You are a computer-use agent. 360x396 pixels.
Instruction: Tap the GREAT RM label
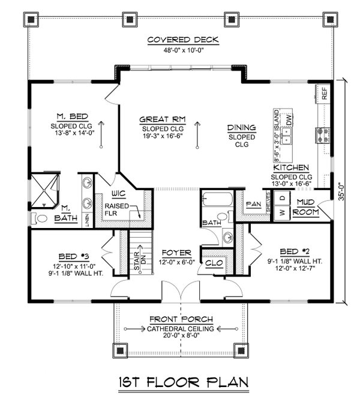point(163,119)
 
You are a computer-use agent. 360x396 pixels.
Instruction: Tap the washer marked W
point(281,212)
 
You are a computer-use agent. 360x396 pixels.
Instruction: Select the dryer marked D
point(281,197)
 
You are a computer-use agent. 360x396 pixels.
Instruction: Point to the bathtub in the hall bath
point(214,199)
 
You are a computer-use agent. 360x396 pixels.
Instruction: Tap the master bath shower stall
point(46,189)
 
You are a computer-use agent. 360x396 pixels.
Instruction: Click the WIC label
point(118,194)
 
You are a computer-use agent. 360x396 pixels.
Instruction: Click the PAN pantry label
point(253,204)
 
